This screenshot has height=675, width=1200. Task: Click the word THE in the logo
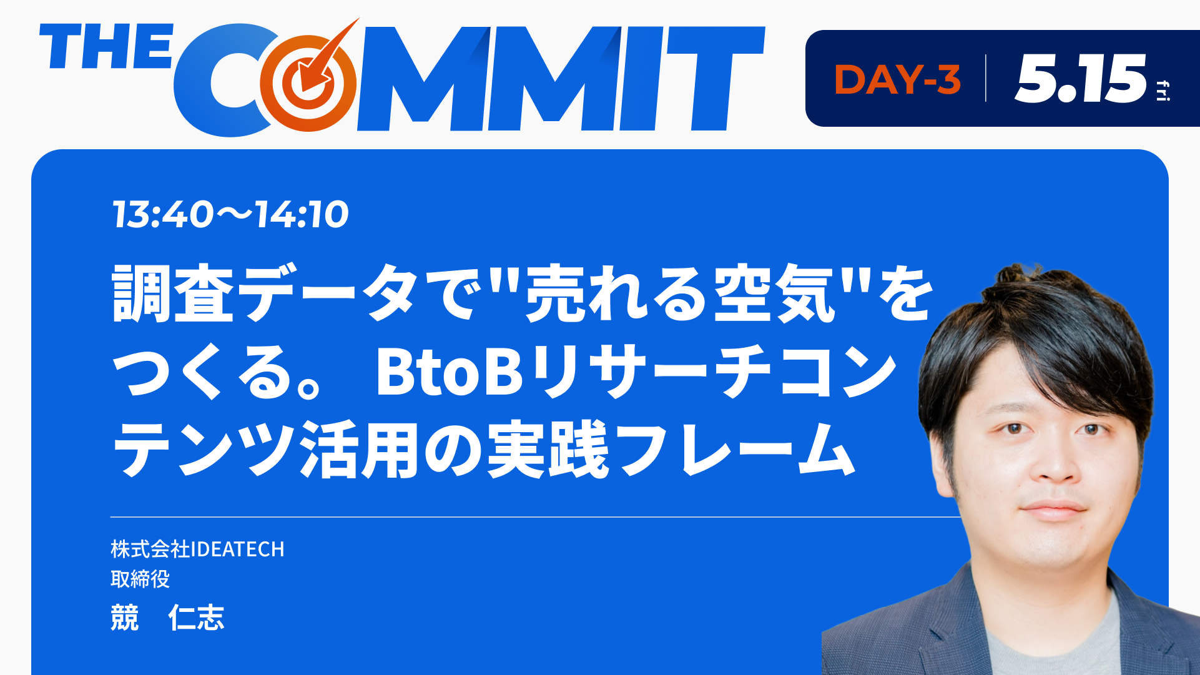pyautogui.click(x=106, y=46)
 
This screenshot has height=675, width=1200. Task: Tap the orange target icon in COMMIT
pyautogui.click(x=310, y=78)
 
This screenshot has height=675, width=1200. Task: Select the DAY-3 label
pyautogui.click(x=897, y=79)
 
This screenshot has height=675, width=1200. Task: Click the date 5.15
pyautogui.click(x=1081, y=79)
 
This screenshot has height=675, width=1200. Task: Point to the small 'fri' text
pyautogui.click(x=1163, y=91)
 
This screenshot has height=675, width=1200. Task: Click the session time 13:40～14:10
pyautogui.click(x=230, y=215)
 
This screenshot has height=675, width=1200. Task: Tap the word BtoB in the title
pyautogui.click(x=450, y=372)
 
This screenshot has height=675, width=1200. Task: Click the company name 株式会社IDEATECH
pyautogui.click(x=197, y=549)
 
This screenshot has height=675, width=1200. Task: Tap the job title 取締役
pyautogui.click(x=140, y=579)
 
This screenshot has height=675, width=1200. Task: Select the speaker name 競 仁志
pyautogui.click(x=167, y=618)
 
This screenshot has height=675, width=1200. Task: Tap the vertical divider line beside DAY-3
pyautogui.click(x=986, y=78)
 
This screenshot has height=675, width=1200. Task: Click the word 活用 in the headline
pyautogui.click(x=359, y=449)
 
